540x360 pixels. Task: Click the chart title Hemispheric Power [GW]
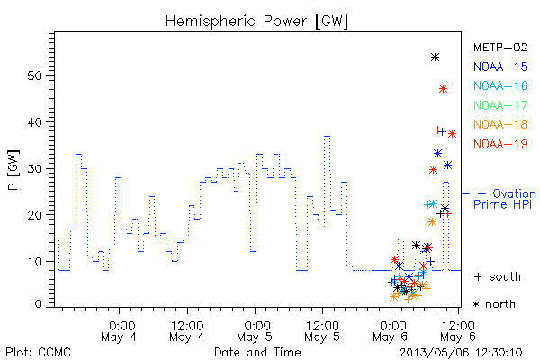point(256,22)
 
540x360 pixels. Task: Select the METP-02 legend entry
point(500,47)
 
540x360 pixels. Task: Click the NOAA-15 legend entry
point(500,67)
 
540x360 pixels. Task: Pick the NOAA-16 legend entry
point(500,85)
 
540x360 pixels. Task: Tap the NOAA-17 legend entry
point(500,105)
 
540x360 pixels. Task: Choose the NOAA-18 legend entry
point(500,124)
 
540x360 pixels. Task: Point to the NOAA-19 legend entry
point(500,144)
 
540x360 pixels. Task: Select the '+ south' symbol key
point(498,276)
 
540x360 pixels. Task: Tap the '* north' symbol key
point(494,304)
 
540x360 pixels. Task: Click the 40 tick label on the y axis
point(35,122)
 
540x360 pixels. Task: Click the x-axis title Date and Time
point(257,352)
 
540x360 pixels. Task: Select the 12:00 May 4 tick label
point(187,331)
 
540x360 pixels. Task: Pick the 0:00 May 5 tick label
point(255,331)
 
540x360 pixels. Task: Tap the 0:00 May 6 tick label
point(391,331)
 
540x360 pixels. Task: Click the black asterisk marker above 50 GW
point(435,58)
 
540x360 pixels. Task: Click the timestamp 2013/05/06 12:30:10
point(461,353)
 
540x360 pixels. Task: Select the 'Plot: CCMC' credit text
point(38,353)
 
